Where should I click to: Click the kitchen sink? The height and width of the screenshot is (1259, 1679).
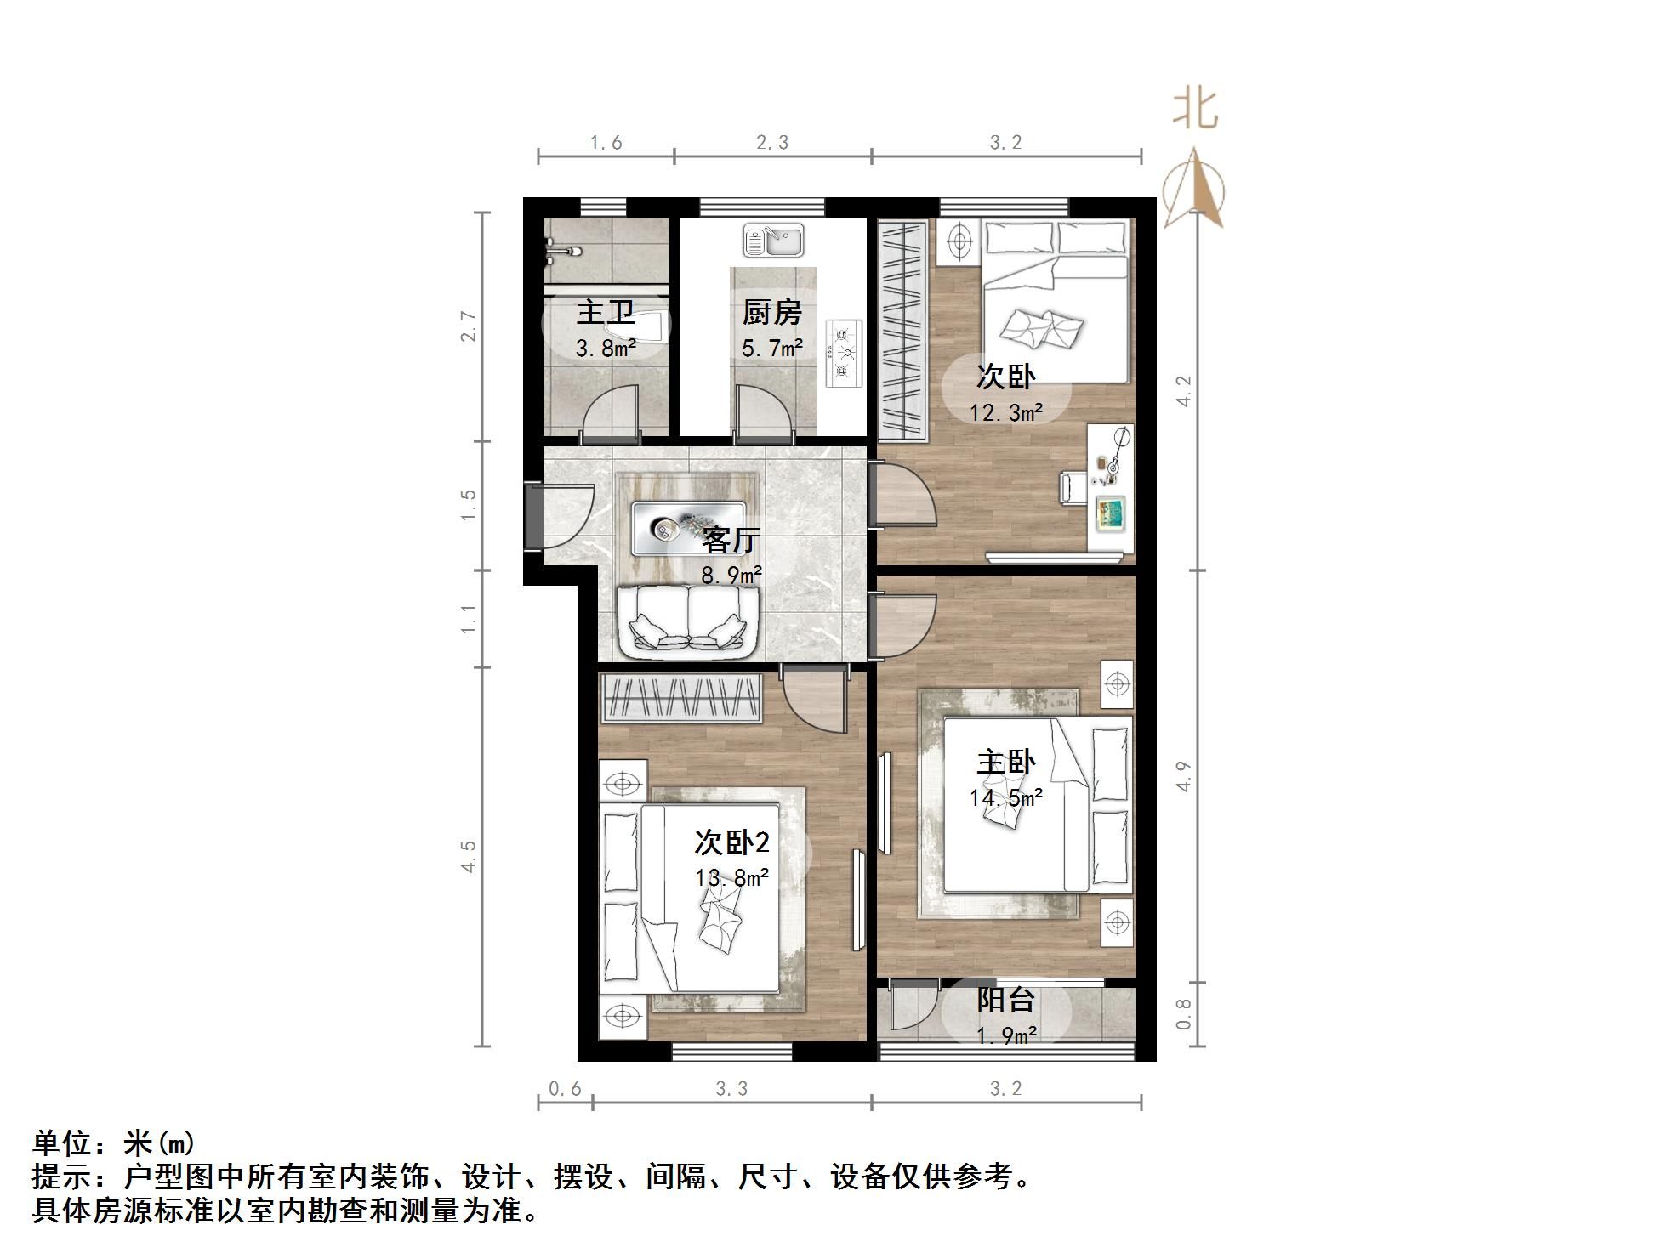pyautogui.click(x=773, y=240)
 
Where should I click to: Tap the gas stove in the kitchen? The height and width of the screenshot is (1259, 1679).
pyautogui.click(x=844, y=353)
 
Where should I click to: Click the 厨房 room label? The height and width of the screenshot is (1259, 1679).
pyautogui.click(x=771, y=313)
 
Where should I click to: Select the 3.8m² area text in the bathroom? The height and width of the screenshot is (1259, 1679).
pyautogui.click(x=606, y=348)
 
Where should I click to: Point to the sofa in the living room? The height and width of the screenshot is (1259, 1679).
pyautogui.click(x=687, y=622)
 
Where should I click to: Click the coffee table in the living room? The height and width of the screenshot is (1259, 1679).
pyautogui.click(x=688, y=528)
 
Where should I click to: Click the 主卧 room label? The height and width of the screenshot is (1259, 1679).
pyautogui.click(x=1005, y=762)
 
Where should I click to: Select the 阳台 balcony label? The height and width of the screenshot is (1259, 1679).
pyautogui.click(x=1005, y=1000)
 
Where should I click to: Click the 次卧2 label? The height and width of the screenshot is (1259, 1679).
pyautogui.click(x=731, y=842)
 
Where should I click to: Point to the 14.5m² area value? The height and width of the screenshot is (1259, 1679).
pyautogui.click(x=1005, y=798)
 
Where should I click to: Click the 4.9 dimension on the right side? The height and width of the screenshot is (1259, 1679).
pyautogui.click(x=1184, y=776)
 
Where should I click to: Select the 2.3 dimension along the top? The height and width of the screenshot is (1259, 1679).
pyautogui.click(x=772, y=143)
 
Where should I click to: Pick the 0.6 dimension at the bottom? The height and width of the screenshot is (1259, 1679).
pyautogui.click(x=564, y=1089)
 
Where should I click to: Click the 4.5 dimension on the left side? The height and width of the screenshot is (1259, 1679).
pyautogui.click(x=468, y=856)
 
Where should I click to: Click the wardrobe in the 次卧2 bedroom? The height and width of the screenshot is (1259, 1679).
pyautogui.click(x=680, y=698)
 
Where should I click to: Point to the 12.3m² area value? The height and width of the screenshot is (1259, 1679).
pyautogui.click(x=1005, y=413)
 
